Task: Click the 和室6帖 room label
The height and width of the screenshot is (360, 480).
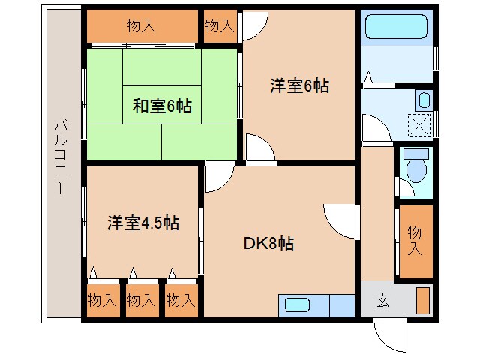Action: [x=162, y=106]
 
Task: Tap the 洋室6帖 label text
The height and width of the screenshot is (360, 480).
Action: [x=299, y=85]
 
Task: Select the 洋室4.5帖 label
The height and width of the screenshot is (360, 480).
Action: [x=142, y=223]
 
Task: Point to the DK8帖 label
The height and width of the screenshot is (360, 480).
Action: [x=268, y=243]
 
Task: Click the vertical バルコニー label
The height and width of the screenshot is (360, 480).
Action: [x=60, y=157]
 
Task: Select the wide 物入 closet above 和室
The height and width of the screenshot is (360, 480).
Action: [x=141, y=26]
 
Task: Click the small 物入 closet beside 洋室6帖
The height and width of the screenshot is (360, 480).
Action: [x=219, y=26]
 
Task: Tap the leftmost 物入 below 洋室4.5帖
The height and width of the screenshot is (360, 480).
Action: [x=102, y=300]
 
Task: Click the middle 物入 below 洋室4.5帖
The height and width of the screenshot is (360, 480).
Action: [x=141, y=300]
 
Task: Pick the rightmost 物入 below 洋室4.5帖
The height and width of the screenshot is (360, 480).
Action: [x=180, y=300]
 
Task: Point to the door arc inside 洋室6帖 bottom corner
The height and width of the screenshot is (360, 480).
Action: [x=259, y=148]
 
